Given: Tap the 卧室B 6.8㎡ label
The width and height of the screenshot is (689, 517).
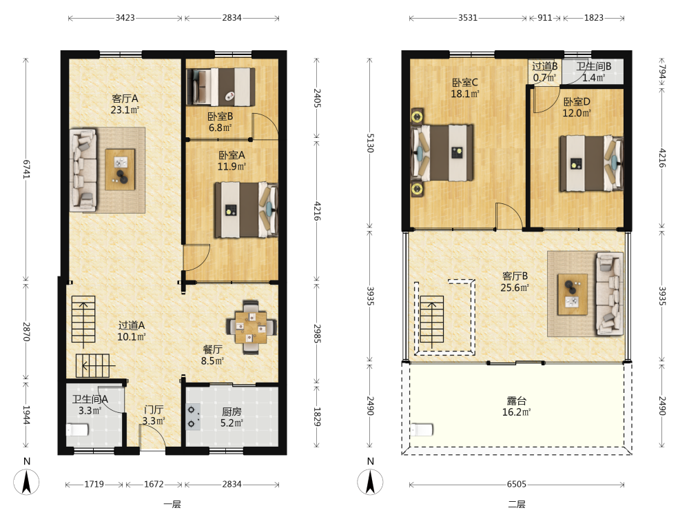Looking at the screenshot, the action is click(x=220, y=122).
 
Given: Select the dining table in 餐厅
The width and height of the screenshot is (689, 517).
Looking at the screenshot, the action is click(x=251, y=327).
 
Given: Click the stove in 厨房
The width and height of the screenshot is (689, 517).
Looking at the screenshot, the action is click(x=193, y=417).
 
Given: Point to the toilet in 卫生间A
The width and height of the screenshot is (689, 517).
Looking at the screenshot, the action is click(x=77, y=429).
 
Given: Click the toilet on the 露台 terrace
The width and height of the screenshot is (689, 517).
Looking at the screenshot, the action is click(x=422, y=429).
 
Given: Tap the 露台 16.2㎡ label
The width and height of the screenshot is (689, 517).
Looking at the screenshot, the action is click(x=516, y=407).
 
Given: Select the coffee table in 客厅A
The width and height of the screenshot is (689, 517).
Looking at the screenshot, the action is click(x=120, y=170).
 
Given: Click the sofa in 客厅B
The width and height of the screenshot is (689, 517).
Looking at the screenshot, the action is click(x=610, y=294).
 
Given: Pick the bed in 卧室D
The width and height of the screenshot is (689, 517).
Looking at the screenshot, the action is click(x=591, y=163).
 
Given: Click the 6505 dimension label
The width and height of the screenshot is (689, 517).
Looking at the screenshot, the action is click(x=516, y=484).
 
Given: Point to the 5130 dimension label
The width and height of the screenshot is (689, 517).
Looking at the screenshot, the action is click(x=370, y=143).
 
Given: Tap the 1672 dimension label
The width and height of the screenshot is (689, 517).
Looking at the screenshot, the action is click(x=154, y=484).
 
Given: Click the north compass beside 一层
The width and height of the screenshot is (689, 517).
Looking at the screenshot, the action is click(x=26, y=482).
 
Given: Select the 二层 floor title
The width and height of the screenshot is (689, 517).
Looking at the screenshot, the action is click(x=517, y=505).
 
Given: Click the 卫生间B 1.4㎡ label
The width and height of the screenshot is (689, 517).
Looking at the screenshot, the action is click(x=594, y=72).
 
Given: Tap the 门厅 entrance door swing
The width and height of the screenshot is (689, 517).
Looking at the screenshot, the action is click(x=152, y=436).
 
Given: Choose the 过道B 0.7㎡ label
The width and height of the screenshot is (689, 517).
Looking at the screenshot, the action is click(x=545, y=72).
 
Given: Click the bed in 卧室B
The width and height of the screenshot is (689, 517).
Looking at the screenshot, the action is click(x=220, y=87).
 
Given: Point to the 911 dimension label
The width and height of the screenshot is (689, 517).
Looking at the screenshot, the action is click(x=545, y=18).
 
